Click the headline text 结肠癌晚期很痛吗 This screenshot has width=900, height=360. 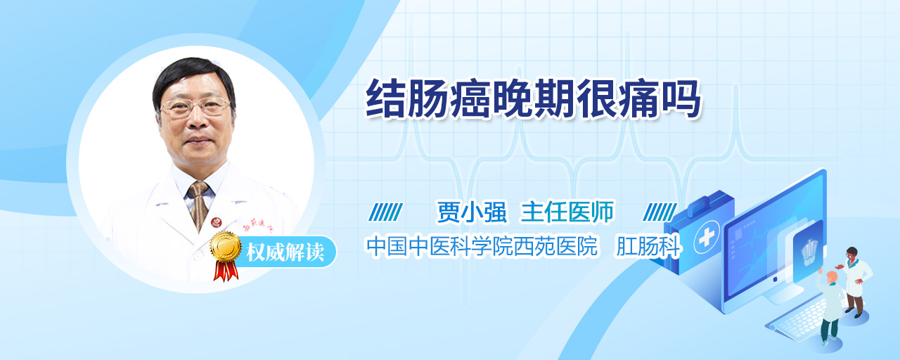[x=533, y=99]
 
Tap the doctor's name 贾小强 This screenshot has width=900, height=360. [x=472, y=212]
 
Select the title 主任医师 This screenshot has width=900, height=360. [x=567, y=212]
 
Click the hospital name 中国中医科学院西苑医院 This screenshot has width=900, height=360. [x=482, y=246]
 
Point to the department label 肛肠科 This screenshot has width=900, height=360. [x=648, y=246]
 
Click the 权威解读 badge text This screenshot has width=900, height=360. [x=285, y=252]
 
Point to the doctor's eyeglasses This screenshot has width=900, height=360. [x=195, y=106]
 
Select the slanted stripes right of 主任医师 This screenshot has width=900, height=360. [x=660, y=212]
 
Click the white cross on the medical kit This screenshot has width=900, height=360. [x=707, y=238]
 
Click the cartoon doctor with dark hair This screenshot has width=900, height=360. [x=856, y=282]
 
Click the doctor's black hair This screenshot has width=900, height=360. [x=193, y=77]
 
